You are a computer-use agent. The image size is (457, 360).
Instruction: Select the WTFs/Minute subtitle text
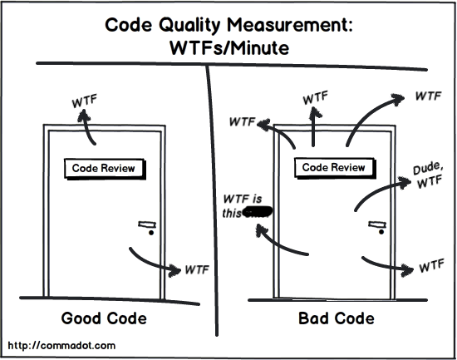coord(228,49)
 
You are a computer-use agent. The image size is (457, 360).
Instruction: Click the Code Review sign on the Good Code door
coord(103,168)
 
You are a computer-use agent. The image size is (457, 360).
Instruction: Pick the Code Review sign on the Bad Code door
coord(333,168)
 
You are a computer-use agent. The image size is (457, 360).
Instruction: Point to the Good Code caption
coord(104,318)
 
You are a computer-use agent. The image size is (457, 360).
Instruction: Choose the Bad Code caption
coord(336,318)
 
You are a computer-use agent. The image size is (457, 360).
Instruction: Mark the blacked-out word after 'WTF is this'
coord(258,213)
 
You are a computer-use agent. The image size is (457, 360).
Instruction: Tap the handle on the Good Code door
coord(146,224)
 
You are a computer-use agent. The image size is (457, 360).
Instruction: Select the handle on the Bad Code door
coord(377,224)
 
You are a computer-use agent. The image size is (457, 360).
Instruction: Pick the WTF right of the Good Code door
coord(196,269)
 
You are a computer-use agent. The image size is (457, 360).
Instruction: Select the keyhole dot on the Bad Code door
coord(381,234)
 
